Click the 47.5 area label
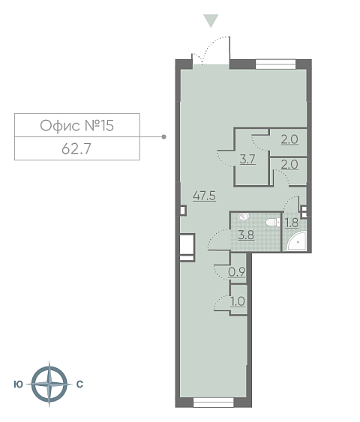[204, 196]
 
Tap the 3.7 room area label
[247, 160]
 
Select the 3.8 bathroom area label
[246, 235]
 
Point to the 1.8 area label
[292, 223]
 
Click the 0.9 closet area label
[237, 272]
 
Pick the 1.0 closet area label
[238, 301]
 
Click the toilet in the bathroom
[273, 223]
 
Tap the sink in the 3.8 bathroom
[244, 217]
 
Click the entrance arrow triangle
[211, 20]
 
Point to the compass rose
[49, 384]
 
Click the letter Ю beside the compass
[18, 385]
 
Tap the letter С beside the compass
[79, 385]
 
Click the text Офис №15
[77, 125]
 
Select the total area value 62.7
[76, 149]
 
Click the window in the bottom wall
[214, 403]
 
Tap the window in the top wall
[275, 64]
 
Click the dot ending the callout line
[163, 136]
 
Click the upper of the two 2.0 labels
[289, 139]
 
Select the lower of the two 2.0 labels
[289, 164]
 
